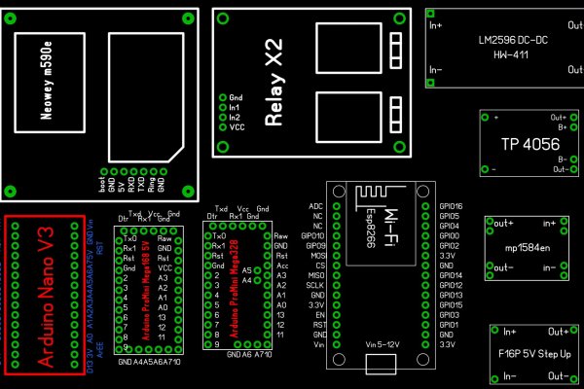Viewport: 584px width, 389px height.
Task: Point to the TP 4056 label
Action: tap(523, 144)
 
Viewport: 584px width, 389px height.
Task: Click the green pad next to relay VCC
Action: tap(223, 127)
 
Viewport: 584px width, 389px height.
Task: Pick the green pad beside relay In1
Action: tap(223, 108)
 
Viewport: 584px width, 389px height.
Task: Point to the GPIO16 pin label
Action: tap(451, 207)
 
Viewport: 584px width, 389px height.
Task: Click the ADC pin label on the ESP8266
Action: tap(314, 207)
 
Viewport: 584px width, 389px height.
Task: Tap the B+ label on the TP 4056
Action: tap(562, 126)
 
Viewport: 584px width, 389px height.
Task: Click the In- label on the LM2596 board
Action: tap(436, 70)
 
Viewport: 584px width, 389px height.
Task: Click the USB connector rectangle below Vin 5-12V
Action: tap(383, 365)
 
